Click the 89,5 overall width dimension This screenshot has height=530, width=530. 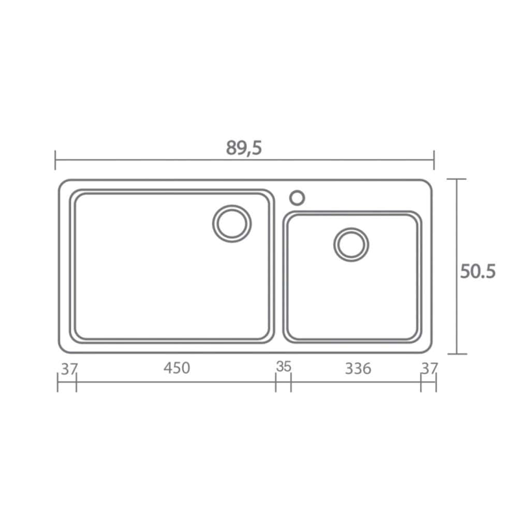[x=244, y=148]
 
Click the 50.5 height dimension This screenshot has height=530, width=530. [x=478, y=271]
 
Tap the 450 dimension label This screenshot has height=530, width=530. [x=177, y=368]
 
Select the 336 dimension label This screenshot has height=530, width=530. [x=358, y=369]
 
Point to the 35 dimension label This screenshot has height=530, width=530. [x=284, y=366]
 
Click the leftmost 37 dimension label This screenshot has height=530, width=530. [x=69, y=369]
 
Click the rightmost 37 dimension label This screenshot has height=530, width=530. [x=430, y=369]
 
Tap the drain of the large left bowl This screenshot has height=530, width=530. [x=232, y=224]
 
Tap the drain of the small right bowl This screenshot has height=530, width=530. [x=351, y=244]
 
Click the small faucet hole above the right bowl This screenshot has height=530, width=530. [x=297, y=198]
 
